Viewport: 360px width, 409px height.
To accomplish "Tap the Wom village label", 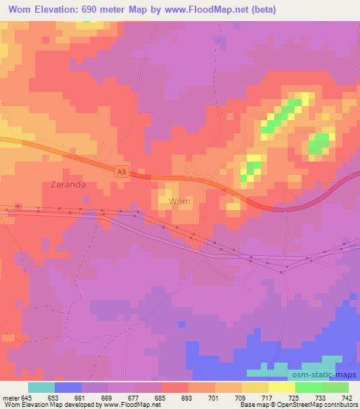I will click(x=181, y=201).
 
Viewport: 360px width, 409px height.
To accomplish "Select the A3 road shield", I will click(x=122, y=169).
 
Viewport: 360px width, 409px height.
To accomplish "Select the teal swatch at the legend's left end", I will click(x=41, y=387).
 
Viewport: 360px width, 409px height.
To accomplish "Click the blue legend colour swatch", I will click(x=68, y=387).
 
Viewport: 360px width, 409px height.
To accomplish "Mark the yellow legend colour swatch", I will click(x=255, y=387).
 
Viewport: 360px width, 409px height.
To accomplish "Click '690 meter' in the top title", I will click(x=116, y=10).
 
